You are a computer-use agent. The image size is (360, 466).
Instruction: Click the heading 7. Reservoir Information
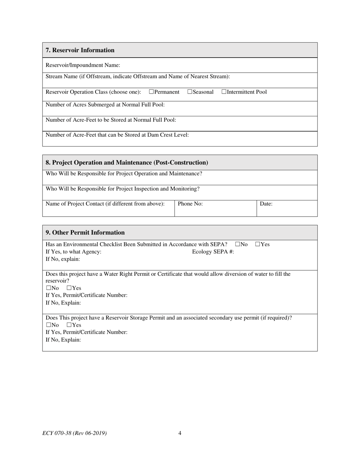80,50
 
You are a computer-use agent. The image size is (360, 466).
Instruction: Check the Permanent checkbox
152,92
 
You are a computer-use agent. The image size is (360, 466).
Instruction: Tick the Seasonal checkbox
190,92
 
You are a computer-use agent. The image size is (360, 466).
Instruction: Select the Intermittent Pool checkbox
224,92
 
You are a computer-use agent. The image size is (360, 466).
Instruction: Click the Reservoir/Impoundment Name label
83,65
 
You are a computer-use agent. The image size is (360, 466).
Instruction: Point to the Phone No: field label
190,204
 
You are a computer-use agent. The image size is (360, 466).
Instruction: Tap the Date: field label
266,204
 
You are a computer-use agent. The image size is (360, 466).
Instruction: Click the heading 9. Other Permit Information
85,233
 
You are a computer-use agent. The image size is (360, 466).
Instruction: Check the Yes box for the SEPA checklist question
258,244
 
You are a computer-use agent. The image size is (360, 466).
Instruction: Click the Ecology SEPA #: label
213,252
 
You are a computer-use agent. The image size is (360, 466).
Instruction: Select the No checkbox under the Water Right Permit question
49,288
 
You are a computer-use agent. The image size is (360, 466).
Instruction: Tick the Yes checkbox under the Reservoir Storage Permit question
69,325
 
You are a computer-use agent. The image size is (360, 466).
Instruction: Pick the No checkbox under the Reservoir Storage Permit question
49,325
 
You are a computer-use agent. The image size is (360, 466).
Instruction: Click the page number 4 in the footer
180,433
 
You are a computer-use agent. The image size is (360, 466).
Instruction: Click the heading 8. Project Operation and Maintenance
127,163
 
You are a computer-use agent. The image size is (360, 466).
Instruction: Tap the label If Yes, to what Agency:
74,252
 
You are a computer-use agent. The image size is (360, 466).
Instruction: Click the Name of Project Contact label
105,204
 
